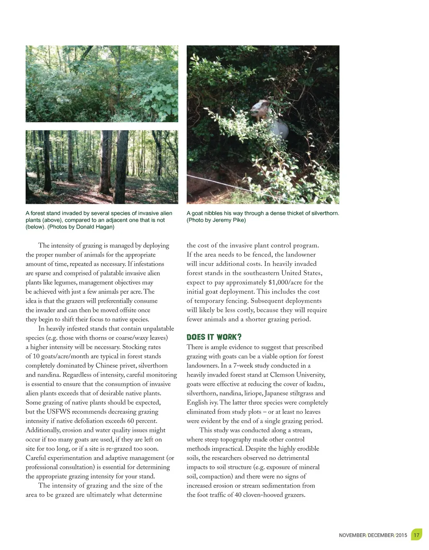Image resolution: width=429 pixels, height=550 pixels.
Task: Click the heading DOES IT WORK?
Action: pyautogui.click(x=214, y=337)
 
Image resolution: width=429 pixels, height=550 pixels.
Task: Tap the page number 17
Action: pyautogui.click(x=416, y=535)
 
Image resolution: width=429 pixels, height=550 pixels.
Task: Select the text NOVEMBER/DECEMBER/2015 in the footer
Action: pyautogui.click(x=373, y=535)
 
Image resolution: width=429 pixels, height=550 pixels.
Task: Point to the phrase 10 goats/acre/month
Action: pyautogui.click(x=62, y=356)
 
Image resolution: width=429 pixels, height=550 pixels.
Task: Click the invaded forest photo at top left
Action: pyautogui.click(x=102, y=84)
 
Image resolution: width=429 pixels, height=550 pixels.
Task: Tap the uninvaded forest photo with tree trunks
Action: pyautogui.click(x=102, y=167)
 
